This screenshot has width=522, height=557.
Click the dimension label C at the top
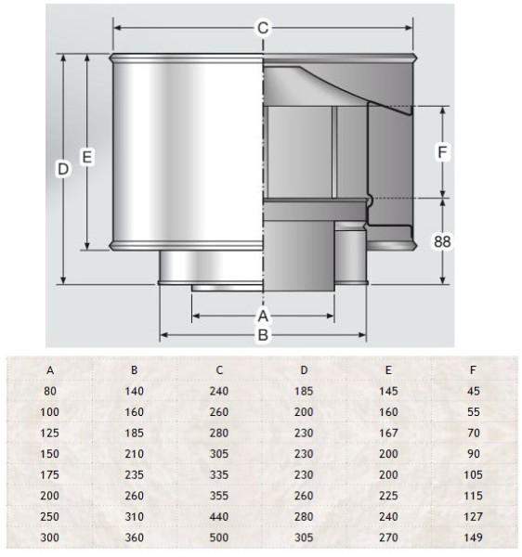(x=263, y=28)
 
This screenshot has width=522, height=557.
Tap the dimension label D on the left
(x=63, y=169)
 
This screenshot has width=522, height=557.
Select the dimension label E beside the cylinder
(x=87, y=157)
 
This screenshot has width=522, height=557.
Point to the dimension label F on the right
(x=442, y=152)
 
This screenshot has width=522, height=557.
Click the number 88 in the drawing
(x=442, y=241)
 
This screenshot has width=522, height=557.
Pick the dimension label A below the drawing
(x=263, y=316)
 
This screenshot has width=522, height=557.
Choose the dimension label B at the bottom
(x=263, y=335)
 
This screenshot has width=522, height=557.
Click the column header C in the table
(x=219, y=370)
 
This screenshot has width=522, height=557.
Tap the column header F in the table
(x=473, y=370)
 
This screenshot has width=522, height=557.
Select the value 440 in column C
(x=219, y=516)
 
